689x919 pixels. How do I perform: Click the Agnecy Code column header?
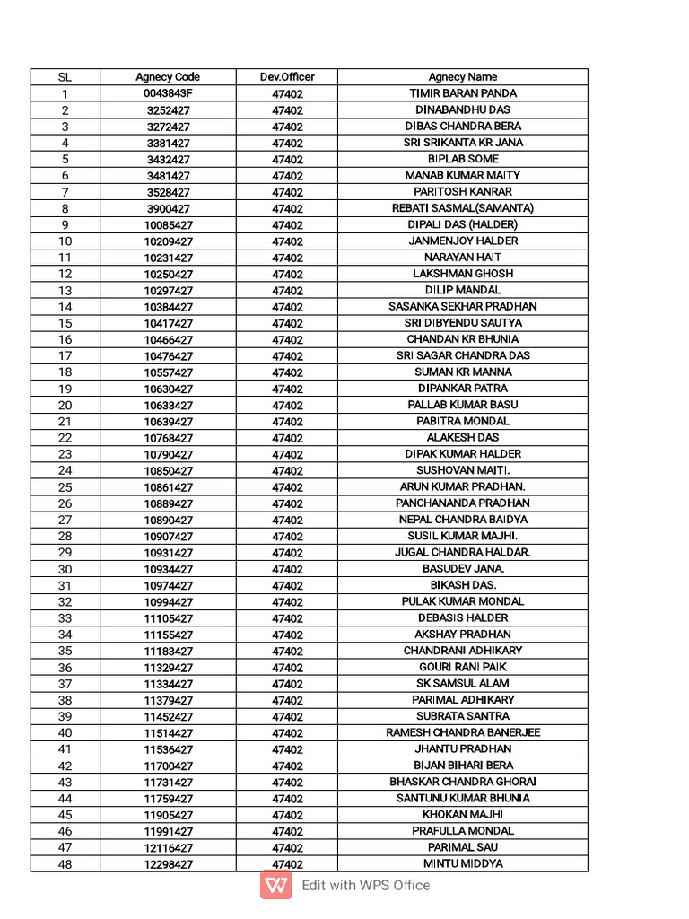click(168, 77)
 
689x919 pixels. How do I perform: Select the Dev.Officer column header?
click(287, 77)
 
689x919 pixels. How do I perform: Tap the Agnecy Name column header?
click(463, 77)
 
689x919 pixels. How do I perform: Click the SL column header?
click(65, 77)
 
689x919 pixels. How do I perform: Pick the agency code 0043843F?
click(168, 93)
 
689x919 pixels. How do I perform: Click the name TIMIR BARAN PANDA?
click(463, 93)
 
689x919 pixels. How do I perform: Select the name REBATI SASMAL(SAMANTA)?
click(463, 208)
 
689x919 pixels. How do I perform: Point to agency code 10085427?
click(168, 225)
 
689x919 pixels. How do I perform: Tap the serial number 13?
click(65, 291)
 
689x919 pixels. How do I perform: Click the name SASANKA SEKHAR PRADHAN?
click(463, 307)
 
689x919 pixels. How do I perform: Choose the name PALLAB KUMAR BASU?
click(463, 405)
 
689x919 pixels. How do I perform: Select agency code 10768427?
click(168, 438)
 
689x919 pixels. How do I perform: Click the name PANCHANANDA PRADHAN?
click(463, 503)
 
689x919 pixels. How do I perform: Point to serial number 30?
click(65, 569)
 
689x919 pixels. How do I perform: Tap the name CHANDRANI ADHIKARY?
click(463, 651)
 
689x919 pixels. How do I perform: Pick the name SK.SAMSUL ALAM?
click(463, 684)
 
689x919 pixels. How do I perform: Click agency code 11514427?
click(168, 733)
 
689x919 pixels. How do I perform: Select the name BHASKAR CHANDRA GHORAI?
click(463, 782)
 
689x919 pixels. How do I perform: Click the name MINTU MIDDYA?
click(463, 864)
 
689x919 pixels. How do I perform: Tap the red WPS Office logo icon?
click(276, 886)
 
